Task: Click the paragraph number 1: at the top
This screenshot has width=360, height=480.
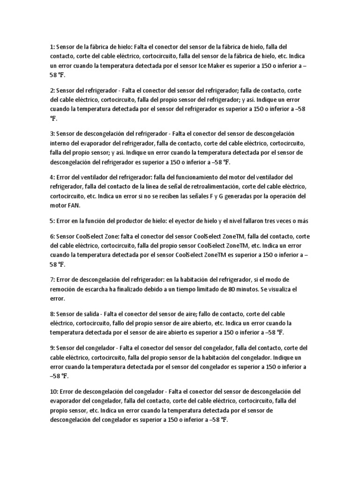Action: [x=52, y=47]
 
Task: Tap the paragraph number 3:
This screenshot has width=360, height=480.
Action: [x=52, y=134]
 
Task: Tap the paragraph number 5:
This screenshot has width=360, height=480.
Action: [x=52, y=220]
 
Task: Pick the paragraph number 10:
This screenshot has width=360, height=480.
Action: [x=53, y=391]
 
